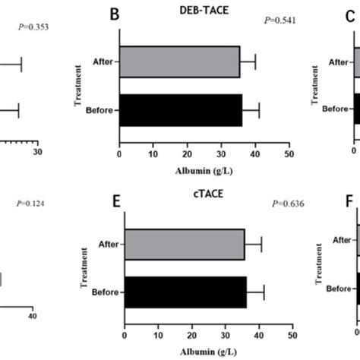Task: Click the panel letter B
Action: [x=116, y=14]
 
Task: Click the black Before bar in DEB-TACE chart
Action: [x=181, y=110]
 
